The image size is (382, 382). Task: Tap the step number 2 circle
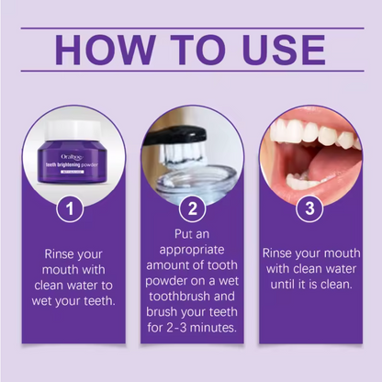191,208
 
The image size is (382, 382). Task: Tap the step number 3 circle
310,208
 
